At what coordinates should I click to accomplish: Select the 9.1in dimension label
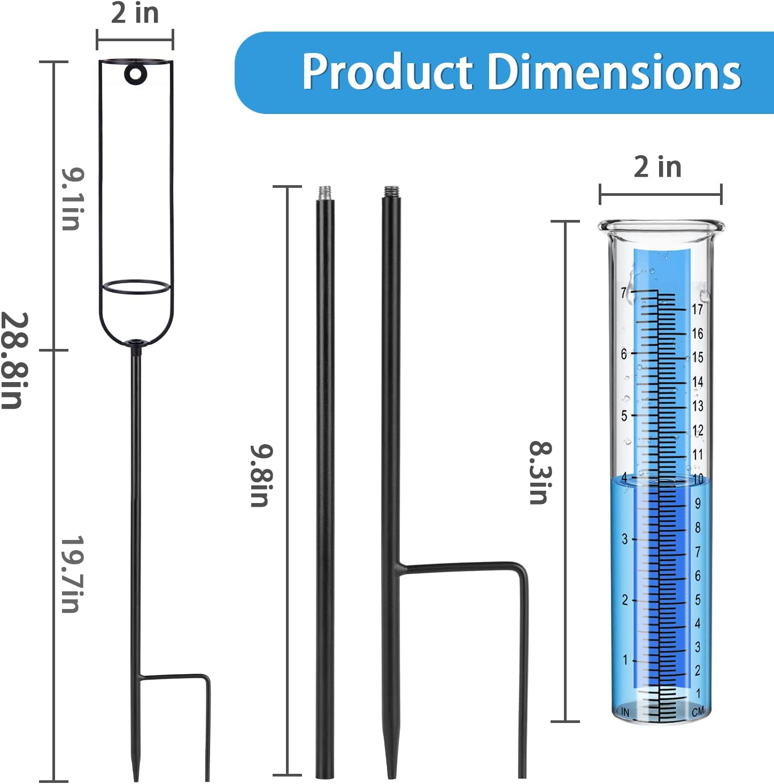[72, 199]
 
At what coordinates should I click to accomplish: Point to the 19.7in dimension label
[72, 574]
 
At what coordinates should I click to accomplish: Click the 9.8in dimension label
[262, 475]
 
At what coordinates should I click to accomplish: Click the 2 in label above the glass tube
[657, 167]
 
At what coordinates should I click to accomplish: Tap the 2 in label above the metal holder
[135, 13]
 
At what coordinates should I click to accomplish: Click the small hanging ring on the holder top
[134, 74]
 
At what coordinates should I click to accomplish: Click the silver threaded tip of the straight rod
[324, 192]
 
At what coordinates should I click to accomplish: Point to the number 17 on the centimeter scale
[697, 309]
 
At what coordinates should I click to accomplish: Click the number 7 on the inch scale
[624, 293]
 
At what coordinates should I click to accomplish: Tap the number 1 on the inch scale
[625, 660]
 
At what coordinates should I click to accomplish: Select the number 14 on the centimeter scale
[697, 382]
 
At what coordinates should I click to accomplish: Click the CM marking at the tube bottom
[698, 712]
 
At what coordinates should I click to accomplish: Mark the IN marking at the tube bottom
[625, 712]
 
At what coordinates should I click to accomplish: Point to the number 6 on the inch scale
[624, 354]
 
